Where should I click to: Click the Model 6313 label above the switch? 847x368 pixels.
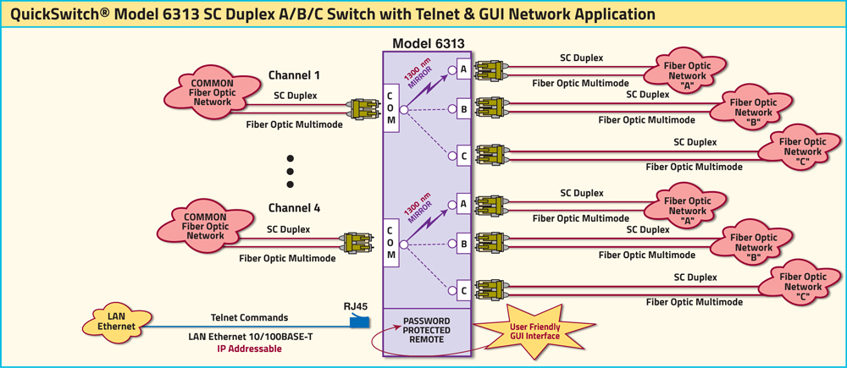(x=428, y=43)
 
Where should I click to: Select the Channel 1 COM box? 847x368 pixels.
(x=390, y=109)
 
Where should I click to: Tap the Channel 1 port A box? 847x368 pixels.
(x=463, y=69)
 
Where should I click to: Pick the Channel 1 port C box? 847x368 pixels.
(x=463, y=156)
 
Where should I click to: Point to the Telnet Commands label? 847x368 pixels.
(x=249, y=318)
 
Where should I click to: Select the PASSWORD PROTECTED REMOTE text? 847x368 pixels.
(x=427, y=330)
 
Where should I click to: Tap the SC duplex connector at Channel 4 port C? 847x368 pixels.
(x=490, y=288)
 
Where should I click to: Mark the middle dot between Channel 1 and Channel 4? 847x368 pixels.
(x=290, y=171)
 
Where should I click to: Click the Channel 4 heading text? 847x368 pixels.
(x=294, y=207)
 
